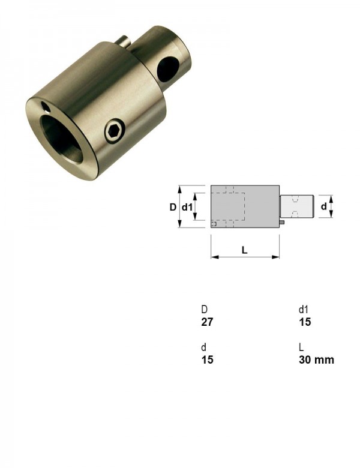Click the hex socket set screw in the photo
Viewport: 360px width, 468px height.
pyautogui.click(x=115, y=131)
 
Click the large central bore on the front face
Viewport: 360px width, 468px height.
pyautogui.click(x=62, y=139)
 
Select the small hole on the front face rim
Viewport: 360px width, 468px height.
pyautogui.click(x=46, y=107)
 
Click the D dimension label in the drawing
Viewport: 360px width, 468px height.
pyautogui.click(x=173, y=207)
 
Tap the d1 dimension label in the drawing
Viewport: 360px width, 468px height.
pyautogui.click(x=187, y=207)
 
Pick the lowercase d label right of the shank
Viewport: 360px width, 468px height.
pyautogui.click(x=323, y=206)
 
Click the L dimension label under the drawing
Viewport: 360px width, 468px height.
pyautogui.click(x=244, y=250)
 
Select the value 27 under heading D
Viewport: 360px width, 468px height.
pyautogui.click(x=207, y=322)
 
